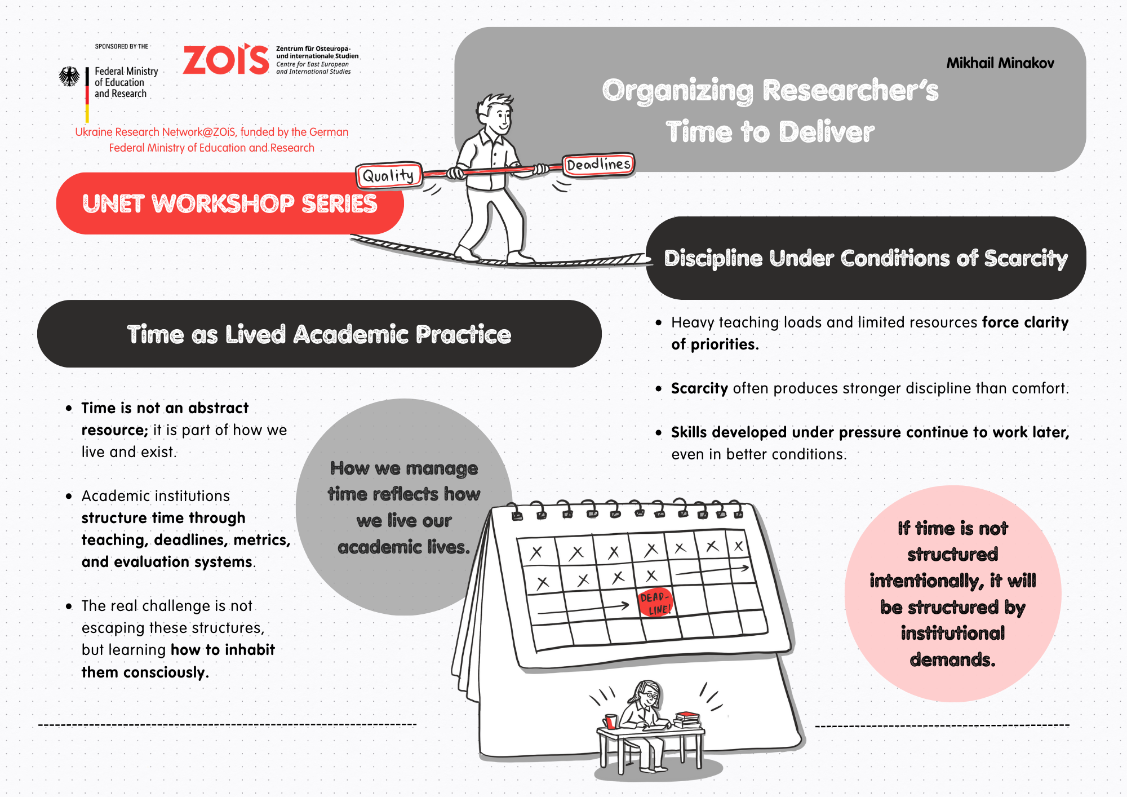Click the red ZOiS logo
point(226,59)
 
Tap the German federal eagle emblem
point(69,77)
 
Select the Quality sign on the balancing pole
point(388,176)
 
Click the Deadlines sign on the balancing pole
point(598,165)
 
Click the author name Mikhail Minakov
point(1000,63)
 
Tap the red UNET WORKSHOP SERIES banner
point(230,203)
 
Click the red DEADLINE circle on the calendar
point(655,603)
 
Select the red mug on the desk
point(610,721)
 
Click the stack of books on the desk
point(687,719)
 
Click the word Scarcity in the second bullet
point(699,388)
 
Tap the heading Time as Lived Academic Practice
point(320,334)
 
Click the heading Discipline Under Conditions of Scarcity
point(866,258)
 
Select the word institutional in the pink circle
point(953,633)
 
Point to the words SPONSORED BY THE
point(122,46)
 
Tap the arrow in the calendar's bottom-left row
point(583,608)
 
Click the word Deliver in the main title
point(827,132)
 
